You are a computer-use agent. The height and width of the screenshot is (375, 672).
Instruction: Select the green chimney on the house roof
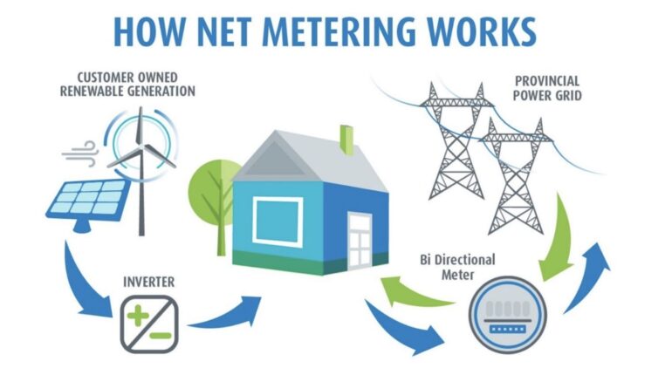coord(347,140)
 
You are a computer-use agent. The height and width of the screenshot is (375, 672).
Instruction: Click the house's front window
coord(278,219)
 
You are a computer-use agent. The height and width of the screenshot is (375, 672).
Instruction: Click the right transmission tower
coord(517,179)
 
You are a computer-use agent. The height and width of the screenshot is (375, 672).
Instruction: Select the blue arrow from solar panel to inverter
coord(83,279)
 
